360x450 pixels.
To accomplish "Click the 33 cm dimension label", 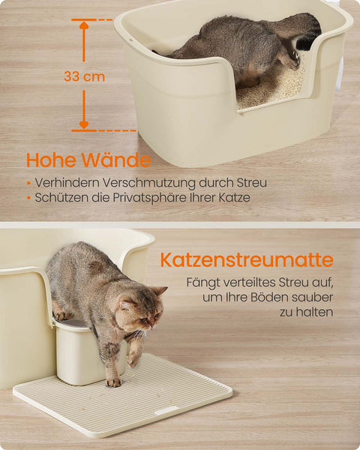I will coord(84,76).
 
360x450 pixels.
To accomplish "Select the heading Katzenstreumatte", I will coord(246,261).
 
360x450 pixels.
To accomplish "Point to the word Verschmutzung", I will coord(140,182).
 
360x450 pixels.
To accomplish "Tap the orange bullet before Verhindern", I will coord(28,183).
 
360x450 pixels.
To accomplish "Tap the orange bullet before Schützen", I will coord(28,198).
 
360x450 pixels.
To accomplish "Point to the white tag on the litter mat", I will coord(166,410).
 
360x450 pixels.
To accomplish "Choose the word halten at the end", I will coord(316,311).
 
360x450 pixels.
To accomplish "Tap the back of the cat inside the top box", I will coord(225,34).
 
